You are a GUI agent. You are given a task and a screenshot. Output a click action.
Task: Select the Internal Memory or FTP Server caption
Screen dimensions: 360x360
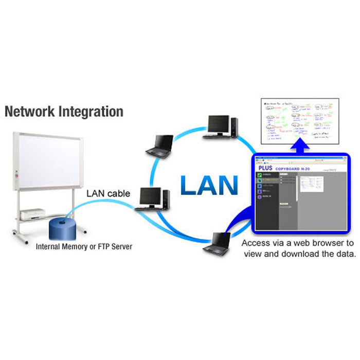[84, 247]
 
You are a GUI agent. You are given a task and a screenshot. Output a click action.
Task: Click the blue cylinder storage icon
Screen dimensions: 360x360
[62, 227]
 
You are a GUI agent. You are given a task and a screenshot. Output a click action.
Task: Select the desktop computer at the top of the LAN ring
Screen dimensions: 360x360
[222, 127]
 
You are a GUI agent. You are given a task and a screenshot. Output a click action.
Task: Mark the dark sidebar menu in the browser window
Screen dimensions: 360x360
[268, 201]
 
